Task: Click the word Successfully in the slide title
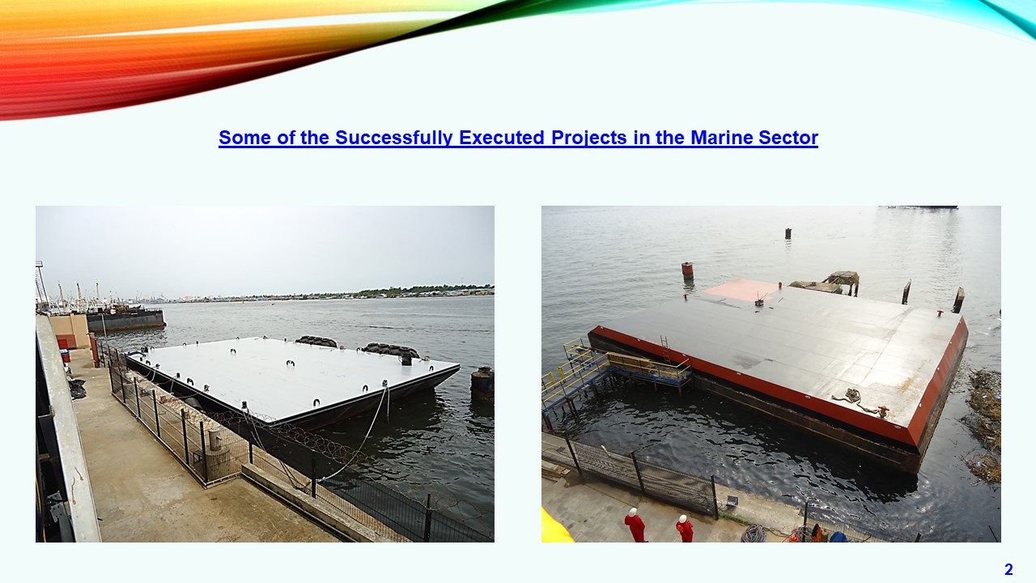393,138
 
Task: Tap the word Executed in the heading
501,138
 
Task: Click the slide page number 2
1008,569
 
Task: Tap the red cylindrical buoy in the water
688,270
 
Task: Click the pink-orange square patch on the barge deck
742,290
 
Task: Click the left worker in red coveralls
635,526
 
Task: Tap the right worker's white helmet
682,519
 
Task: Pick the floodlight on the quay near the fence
732,500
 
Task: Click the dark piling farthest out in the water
788,234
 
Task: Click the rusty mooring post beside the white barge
482,383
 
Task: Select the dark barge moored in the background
125,320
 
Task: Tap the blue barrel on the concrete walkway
66,355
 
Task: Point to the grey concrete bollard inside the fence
215,440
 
